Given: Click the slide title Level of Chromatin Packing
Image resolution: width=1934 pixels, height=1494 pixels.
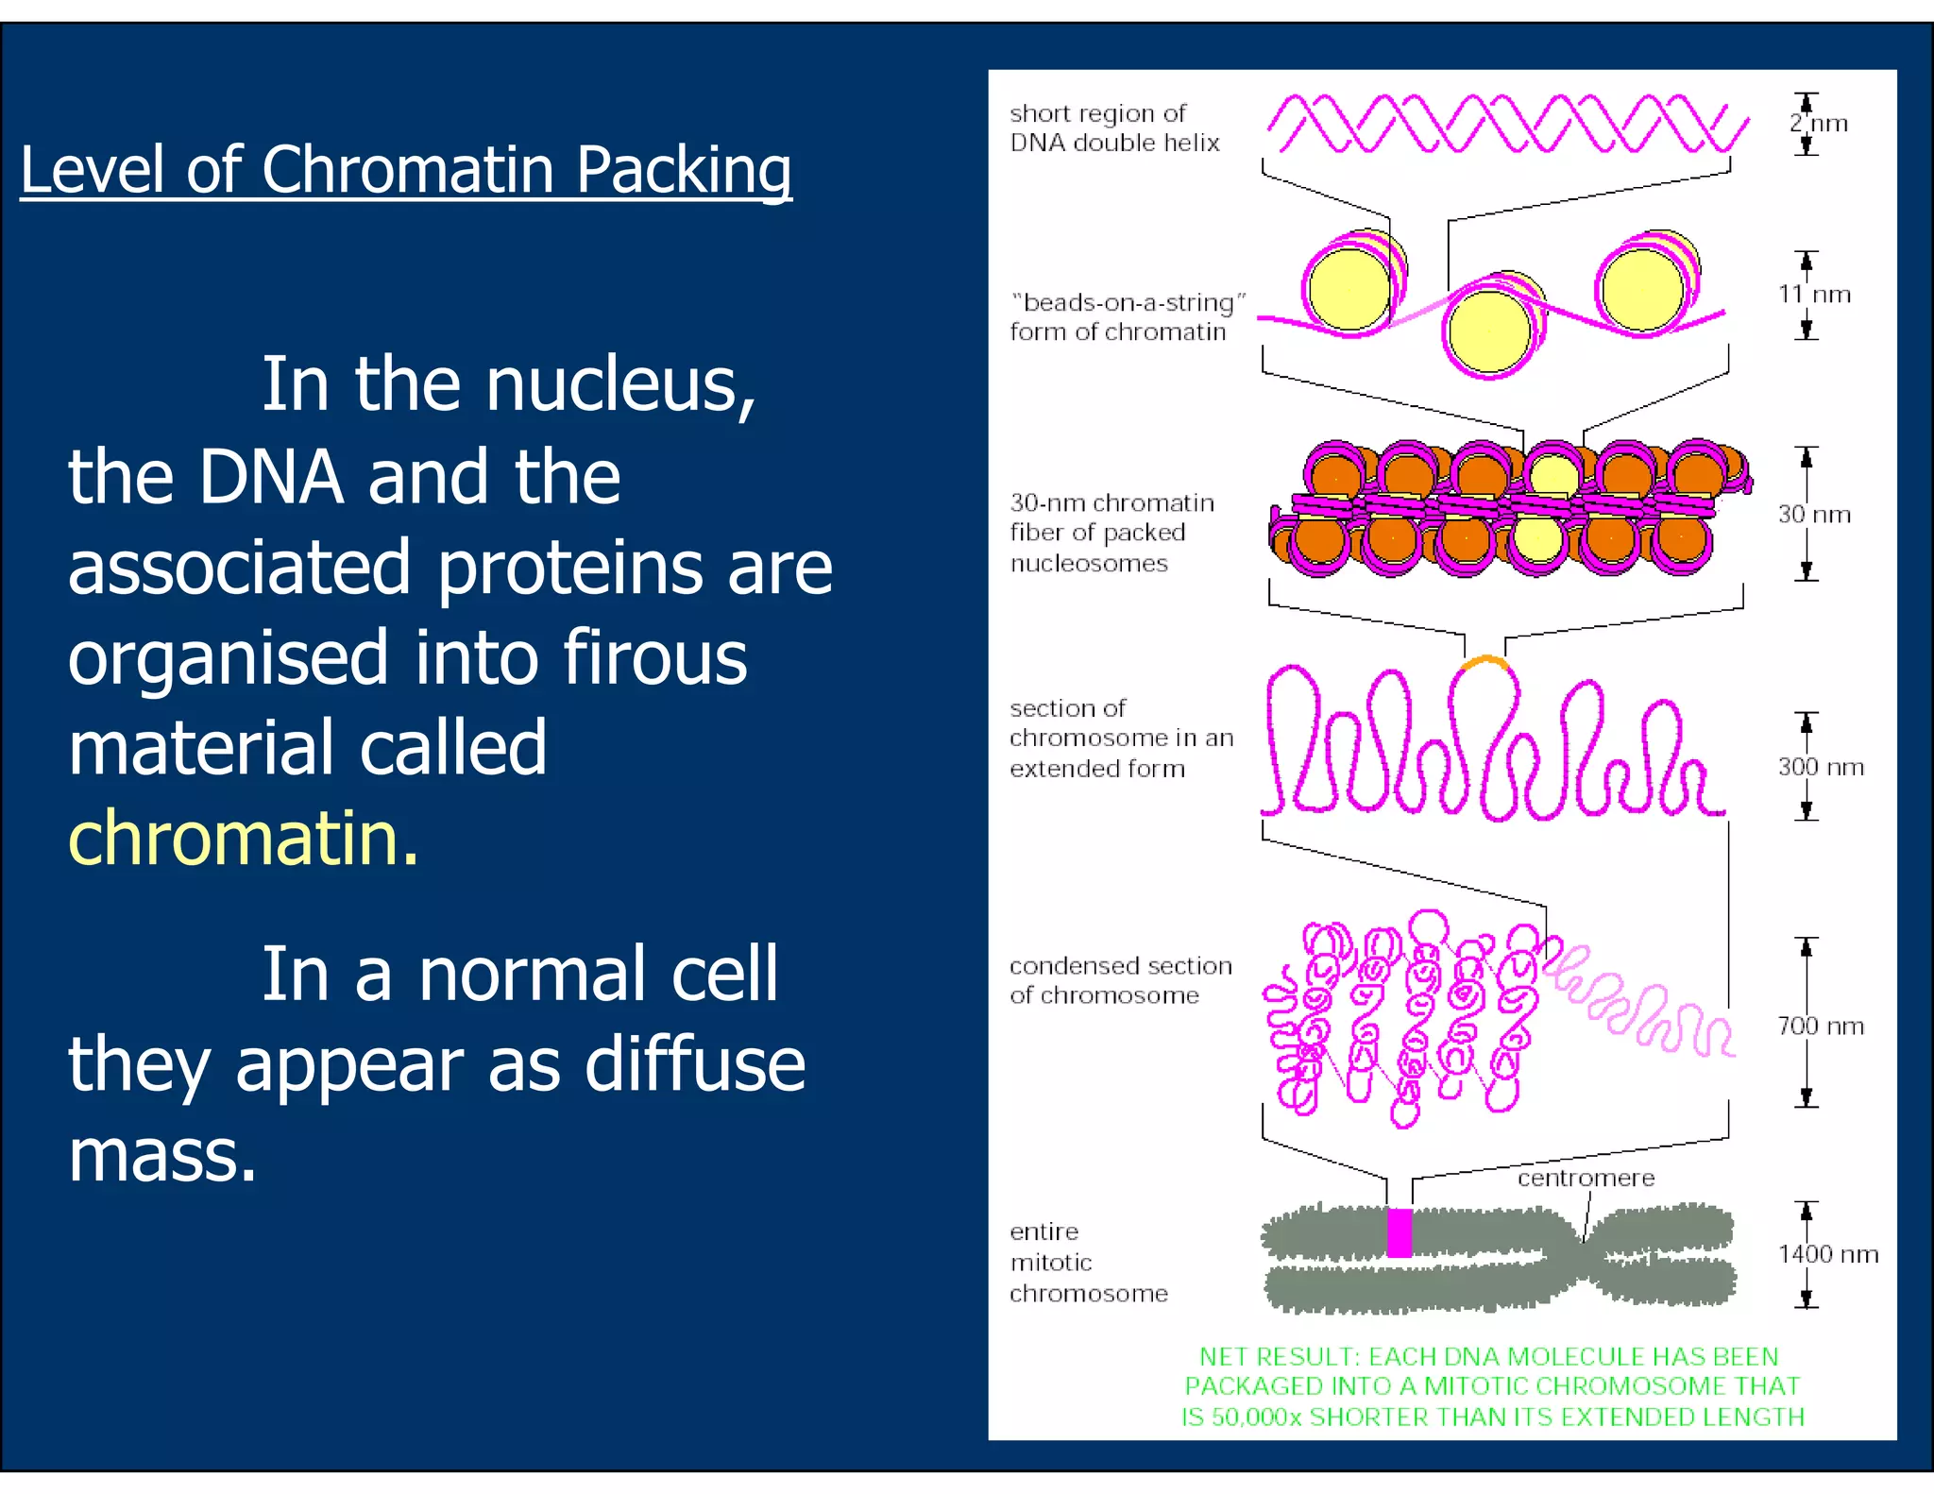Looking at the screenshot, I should pyautogui.click(x=406, y=170).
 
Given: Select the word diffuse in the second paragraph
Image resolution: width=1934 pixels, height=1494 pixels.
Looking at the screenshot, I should pyautogui.click(x=695, y=1064).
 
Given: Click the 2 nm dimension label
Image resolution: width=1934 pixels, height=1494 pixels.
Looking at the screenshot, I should pyautogui.click(x=1819, y=124).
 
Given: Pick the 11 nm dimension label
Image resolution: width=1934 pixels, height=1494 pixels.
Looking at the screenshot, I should pyautogui.click(x=1814, y=295).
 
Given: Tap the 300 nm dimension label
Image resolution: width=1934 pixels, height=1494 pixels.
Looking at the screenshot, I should pyautogui.click(x=1821, y=767).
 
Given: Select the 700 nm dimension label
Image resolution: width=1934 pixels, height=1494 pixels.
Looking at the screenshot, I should pyautogui.click(x=1821, y=1026).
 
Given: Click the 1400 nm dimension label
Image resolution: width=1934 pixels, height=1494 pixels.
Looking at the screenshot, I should pyautogui.click(x=1827, y=1254).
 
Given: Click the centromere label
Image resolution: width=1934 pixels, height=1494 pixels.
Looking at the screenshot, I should pyautogui.click(x=1586, y=1178).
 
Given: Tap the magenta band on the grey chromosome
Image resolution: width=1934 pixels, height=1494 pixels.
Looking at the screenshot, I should pyautogui.click(x=1400, y=1232).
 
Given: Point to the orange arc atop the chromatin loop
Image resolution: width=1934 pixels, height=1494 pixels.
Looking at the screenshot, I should pyautogui.click(x=1484, y=661).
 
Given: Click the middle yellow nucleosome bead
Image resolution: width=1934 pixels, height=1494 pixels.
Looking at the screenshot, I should pyautogui.click(x=1489, y=332).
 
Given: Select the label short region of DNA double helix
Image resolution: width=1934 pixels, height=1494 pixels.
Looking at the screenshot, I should pyautogui.click(x=1114, y=128).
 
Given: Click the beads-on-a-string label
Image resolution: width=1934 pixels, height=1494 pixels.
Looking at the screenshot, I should pyautogui.click(x=1128, y=317).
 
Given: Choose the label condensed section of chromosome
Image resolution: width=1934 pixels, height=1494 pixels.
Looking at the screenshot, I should pyautogui.click(x=1120, y=980).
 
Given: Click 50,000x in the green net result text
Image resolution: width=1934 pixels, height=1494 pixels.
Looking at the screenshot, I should pyautogui.click(x=1256, y=1418).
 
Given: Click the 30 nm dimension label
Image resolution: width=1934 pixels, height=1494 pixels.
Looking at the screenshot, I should pyautogui.click(x=1814, y=515).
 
